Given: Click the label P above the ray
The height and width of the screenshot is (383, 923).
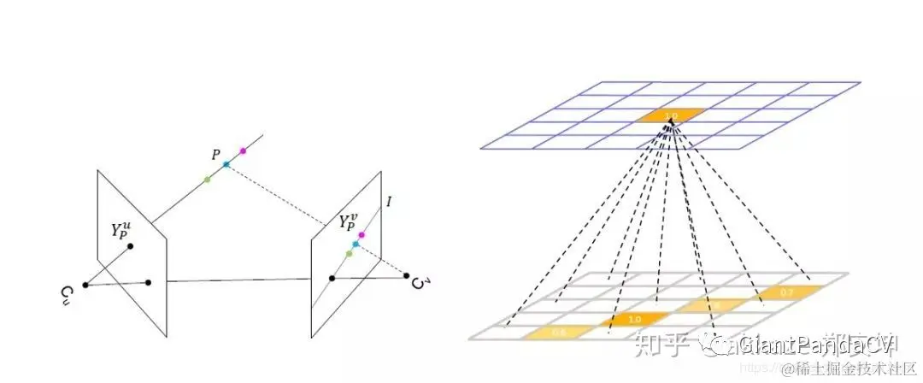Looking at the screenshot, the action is point(216,154).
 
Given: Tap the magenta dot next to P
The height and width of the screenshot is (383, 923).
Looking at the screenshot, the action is point(244,151).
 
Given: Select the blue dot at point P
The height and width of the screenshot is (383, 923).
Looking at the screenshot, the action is point(226,164).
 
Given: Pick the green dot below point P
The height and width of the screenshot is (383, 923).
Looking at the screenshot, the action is point(208,179).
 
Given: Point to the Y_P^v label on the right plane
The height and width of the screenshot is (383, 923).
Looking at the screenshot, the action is point(349,223).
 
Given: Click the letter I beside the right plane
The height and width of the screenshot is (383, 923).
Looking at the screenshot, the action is point(389,203).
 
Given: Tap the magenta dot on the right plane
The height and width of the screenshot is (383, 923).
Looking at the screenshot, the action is point(362,234).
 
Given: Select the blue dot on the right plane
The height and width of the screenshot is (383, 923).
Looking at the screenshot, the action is point(356,245).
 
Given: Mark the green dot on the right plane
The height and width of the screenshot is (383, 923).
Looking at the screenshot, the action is point(349,254).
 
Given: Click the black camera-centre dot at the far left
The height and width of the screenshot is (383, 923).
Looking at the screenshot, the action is point(85,285).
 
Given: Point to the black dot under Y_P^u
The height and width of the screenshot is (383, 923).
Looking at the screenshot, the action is point(130,247).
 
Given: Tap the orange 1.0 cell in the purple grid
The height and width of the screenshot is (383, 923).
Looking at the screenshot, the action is point(672,115).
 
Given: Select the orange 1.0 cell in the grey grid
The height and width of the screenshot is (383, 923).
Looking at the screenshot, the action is point(634,320).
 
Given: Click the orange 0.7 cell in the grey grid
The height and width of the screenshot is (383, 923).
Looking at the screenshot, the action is point(786,293).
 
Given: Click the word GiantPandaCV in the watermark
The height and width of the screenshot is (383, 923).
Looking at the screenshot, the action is point(816,345).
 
